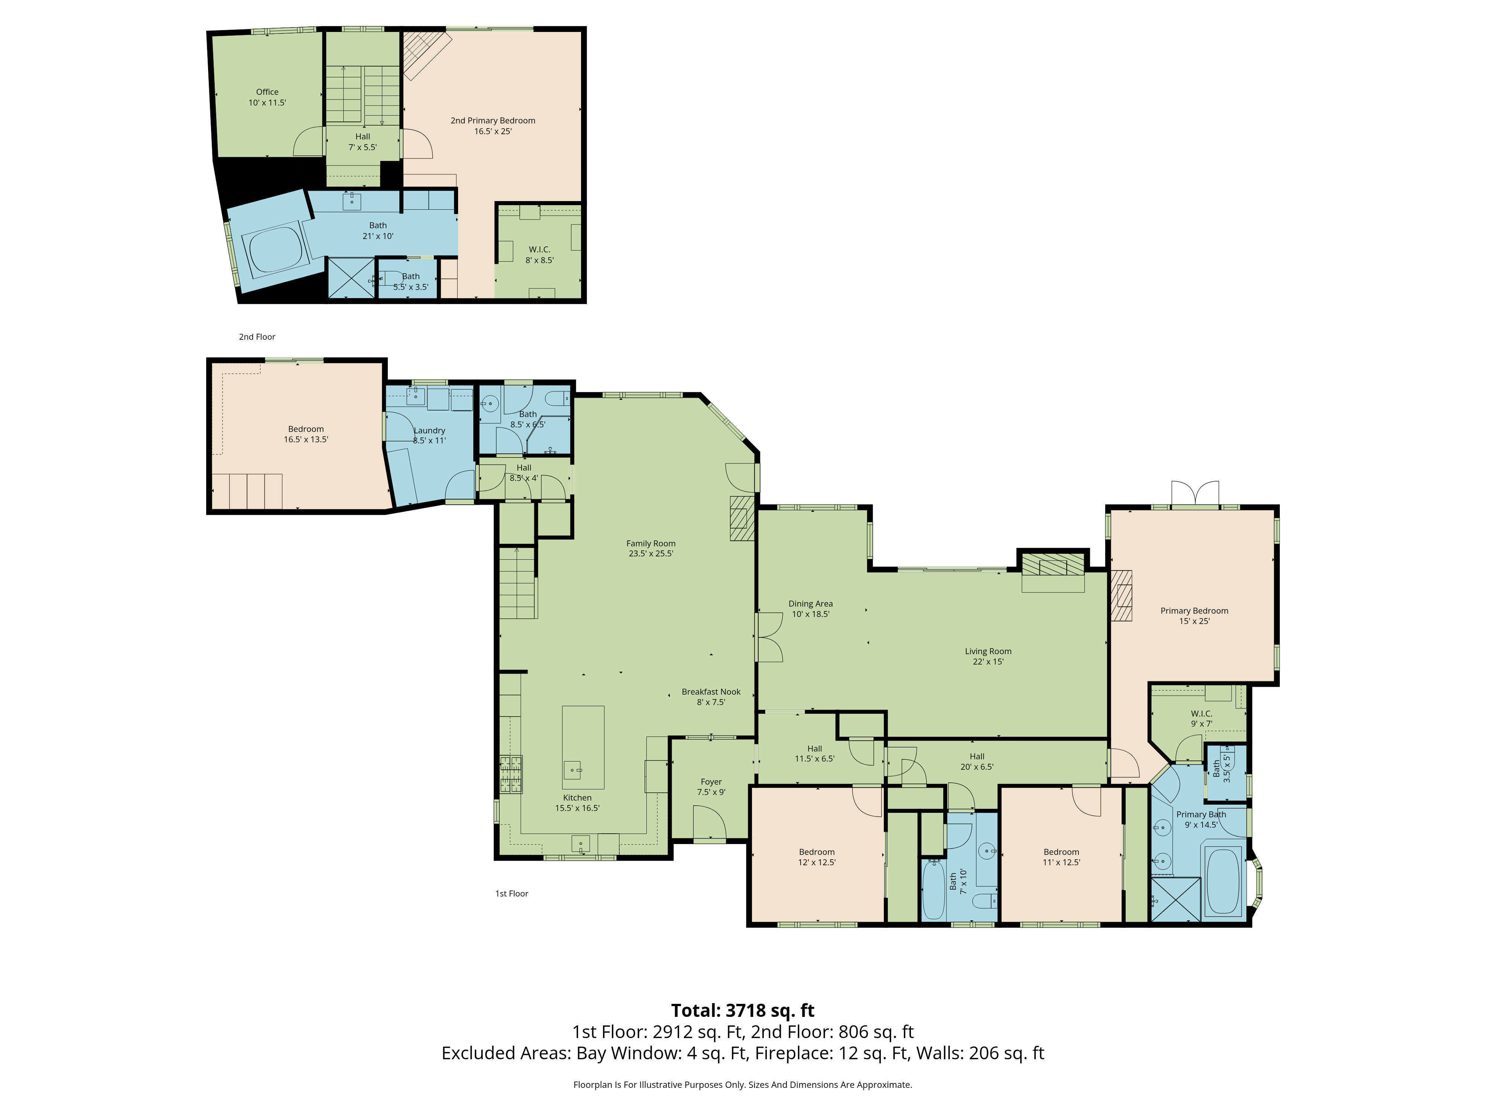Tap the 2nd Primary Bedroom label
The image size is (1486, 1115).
point(493,126)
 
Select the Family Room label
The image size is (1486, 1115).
point(651,549)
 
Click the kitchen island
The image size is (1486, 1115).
point(583,747)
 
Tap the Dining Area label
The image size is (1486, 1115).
point(811,609)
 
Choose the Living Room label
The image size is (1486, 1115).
point(988,656)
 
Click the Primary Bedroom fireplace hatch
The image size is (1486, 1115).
point(1121,595)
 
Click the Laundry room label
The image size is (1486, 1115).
point(429,436)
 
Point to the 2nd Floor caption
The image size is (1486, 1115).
point(257,337)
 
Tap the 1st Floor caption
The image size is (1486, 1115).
point(512,893)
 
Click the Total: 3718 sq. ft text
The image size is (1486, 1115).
point(743,1010)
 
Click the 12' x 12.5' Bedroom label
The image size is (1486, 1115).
point(817,857)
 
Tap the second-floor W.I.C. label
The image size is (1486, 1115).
point(539,255)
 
